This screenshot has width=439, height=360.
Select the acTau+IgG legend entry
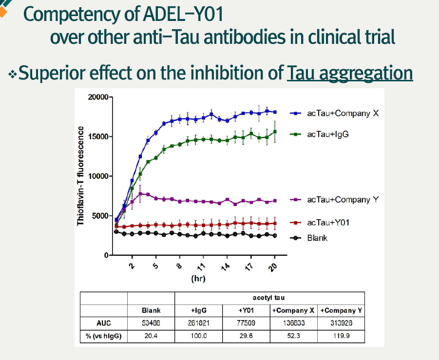click(327, 134)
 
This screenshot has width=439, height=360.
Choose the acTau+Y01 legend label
click(328, 223)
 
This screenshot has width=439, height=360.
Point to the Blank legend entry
click(317, 238)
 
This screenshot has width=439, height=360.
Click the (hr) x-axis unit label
click(198, 279)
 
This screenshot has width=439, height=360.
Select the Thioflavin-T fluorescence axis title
click(80, 175)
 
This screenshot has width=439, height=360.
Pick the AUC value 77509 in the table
click(246, 322)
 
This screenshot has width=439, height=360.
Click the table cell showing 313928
click(341, 322)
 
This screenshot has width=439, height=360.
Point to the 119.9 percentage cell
click(341, 335)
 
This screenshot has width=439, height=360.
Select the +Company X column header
click(293, 310)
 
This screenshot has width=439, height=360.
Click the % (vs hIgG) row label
click(103, 335)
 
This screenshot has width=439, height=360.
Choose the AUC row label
click(103, 322)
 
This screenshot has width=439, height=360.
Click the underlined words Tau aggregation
click(350, 74)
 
